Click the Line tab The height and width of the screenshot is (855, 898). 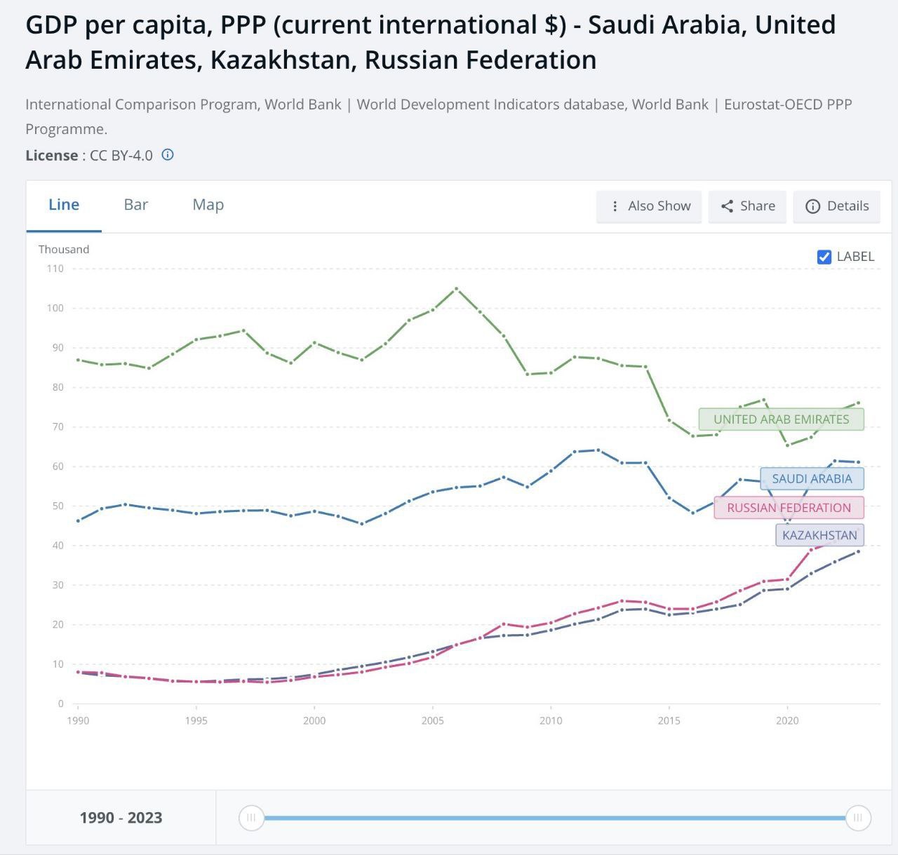point(64,205)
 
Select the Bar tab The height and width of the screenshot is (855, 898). point(136,205)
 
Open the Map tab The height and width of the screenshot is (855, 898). point(208,205)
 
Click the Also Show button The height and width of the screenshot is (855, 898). point(649,206)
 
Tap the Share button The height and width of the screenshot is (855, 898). point(747,206)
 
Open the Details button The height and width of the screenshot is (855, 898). point(837,206)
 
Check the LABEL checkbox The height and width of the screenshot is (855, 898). point(824,257)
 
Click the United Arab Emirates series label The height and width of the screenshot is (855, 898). point(781,419)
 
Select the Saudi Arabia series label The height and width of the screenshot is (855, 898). point(812,479)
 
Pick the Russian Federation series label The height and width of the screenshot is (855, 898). point(789,508)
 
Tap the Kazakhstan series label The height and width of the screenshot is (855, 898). point(819,535)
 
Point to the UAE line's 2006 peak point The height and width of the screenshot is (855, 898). point(457,288)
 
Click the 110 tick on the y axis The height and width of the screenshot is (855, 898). point(55,269)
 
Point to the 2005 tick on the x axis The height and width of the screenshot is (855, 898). point(433,720)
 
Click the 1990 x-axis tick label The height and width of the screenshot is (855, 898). point(78,720)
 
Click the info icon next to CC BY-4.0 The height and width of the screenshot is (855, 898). point(168,155)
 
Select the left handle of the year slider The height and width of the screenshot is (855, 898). point(251,818)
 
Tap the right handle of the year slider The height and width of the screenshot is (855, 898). point(858,818)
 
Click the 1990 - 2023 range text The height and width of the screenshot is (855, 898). point(121,818)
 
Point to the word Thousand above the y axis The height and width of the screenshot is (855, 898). point(64,250)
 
